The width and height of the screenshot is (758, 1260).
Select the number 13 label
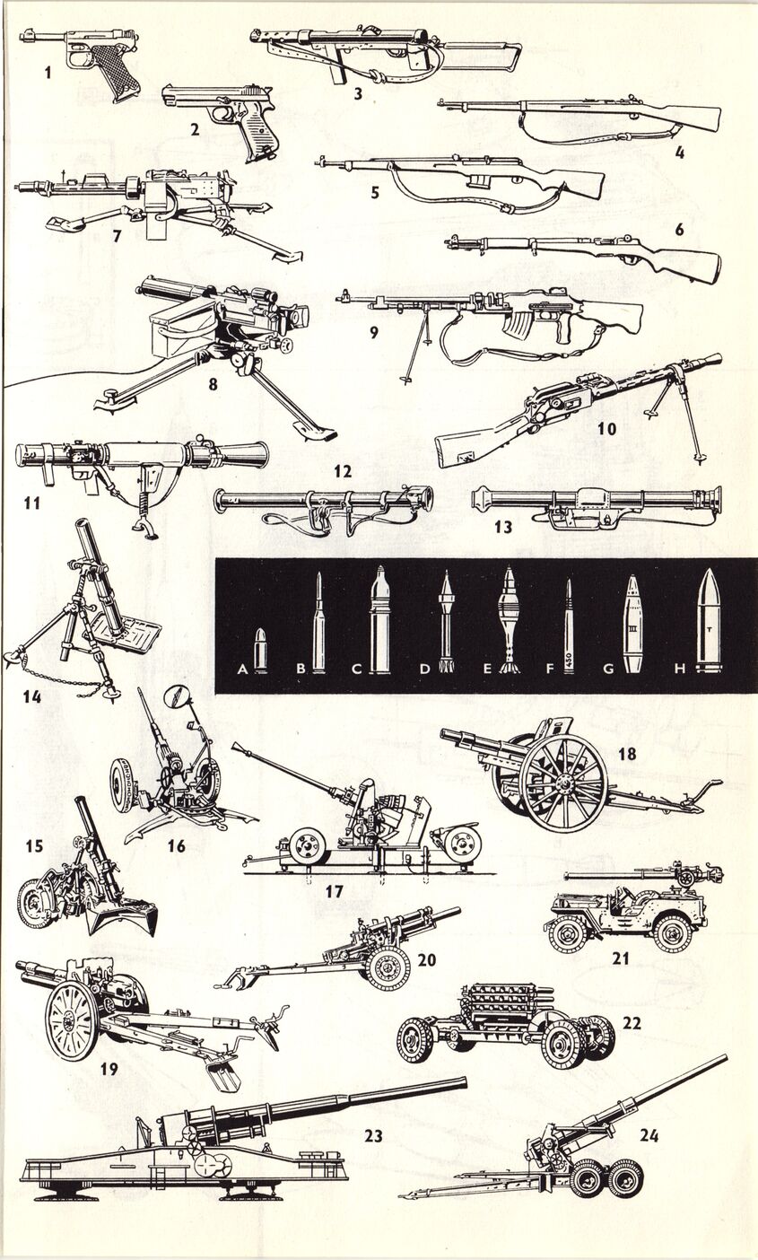[503, 527]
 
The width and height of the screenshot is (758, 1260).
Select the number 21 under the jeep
[621, 958]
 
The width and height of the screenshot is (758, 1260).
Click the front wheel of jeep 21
[569, 932]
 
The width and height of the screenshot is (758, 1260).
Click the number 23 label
[373, 1136]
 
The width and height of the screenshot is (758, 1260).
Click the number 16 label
[176, 845]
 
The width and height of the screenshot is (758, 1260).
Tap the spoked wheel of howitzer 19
[72, 1019]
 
